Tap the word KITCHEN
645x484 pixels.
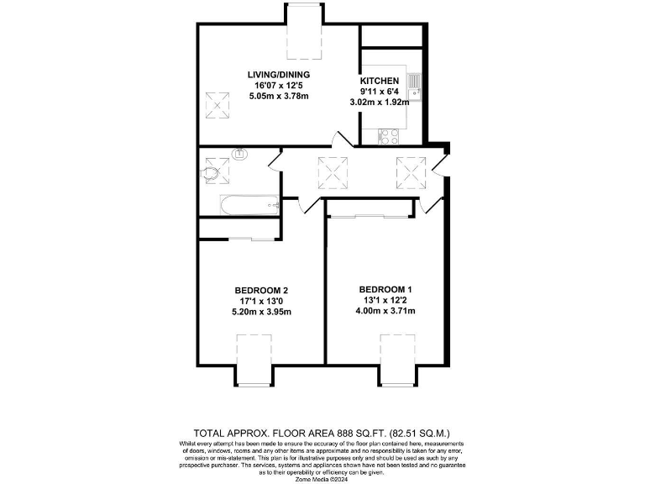[380, 81]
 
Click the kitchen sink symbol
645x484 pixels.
[414, 83]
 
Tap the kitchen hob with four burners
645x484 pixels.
[390, 134]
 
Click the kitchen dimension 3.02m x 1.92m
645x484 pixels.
[380, 102]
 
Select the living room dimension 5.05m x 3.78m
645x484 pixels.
[279, 96]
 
